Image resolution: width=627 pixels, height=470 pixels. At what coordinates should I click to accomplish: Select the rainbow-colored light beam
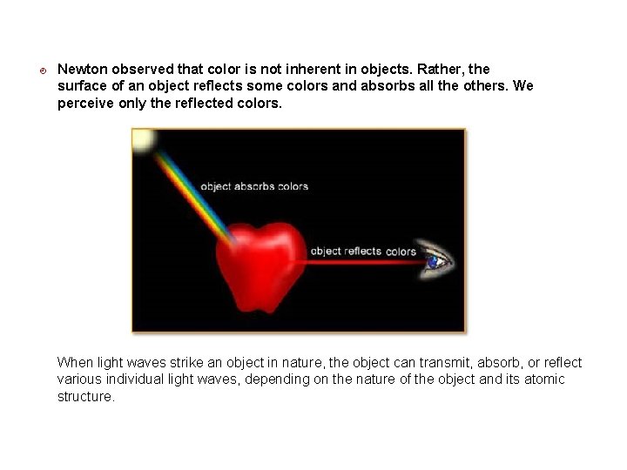coord(192,187)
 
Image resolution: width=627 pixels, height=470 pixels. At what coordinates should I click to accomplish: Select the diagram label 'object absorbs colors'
coord(254,186)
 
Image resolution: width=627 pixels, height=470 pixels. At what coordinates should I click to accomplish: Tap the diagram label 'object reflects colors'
coord(363,252)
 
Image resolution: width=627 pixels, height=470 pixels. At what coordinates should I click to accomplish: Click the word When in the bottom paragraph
coord(76,363)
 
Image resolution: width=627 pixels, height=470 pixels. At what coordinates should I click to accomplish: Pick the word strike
coord(185,363)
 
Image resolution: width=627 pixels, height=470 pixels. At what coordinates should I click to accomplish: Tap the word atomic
coord(544,379)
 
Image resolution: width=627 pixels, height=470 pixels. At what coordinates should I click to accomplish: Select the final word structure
coord(85,396)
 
